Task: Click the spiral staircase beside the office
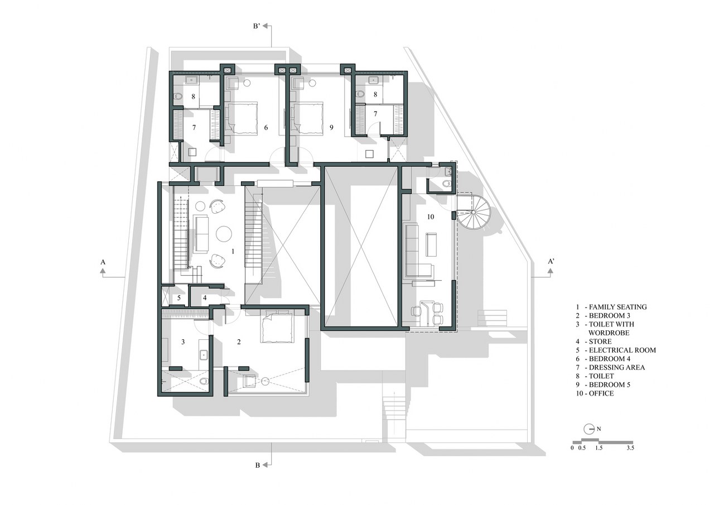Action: coord(474,212)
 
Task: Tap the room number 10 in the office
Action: coord(430,217)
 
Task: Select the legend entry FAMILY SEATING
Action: coord(617,307)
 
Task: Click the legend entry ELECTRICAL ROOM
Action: coord(622,350)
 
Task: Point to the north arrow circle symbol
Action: coord(588,429)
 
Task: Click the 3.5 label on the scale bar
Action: coord(630,448)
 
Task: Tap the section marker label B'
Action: coord(257,26)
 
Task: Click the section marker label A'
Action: coord(551,261)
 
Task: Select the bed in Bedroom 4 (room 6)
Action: coord(241,118)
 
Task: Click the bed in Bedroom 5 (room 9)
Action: coord(308,118)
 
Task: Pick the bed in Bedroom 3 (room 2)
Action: coord(277,326)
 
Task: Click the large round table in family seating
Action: coord(224,234)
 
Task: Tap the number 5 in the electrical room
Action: coord(179,298)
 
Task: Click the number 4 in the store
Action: coord(205,298)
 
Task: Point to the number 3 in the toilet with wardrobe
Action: coord(183,342)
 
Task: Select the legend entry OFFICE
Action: coord(601,393)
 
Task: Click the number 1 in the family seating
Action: coord(233,252)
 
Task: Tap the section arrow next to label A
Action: coord(103,271)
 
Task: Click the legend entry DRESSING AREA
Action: coord(616,367)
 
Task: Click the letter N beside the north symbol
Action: coord(599,429)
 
